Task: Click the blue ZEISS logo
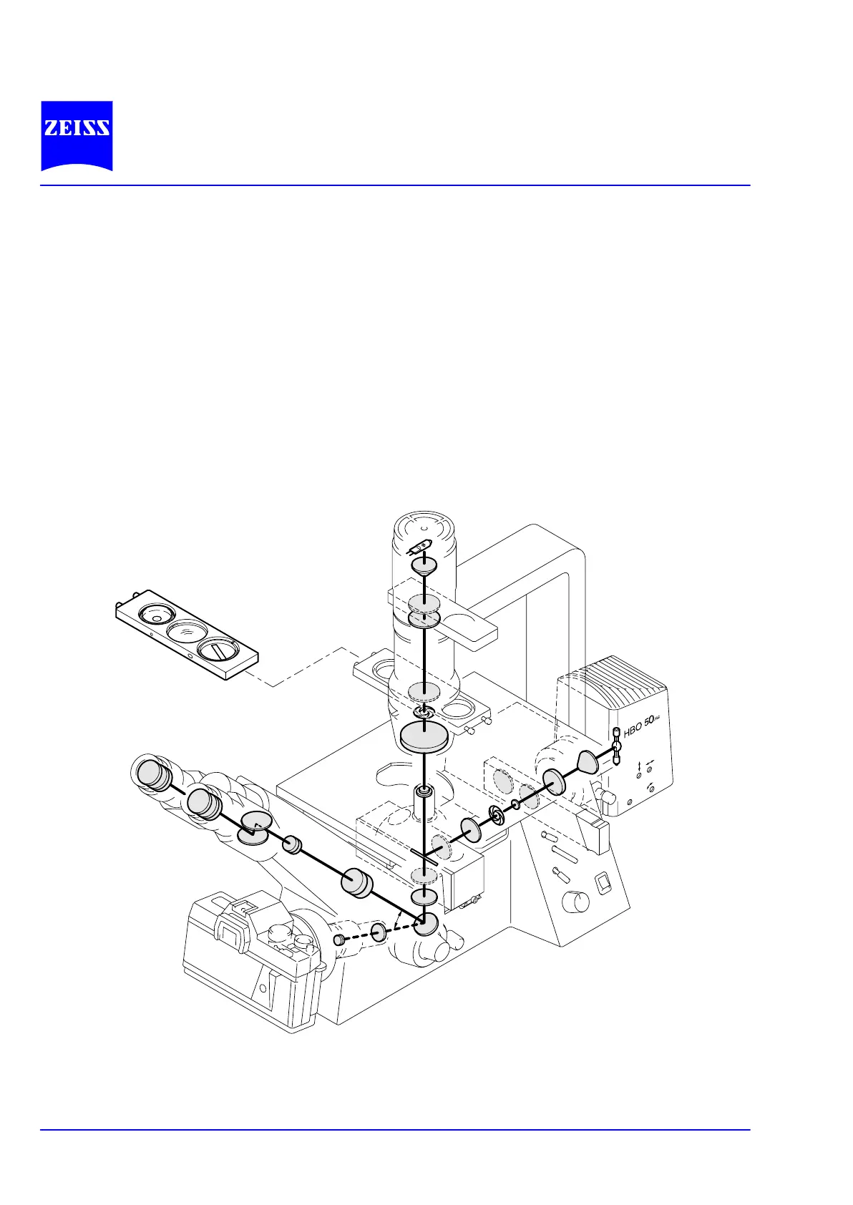point(77,135)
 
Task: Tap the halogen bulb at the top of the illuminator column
point(420,548)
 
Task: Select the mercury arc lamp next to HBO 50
point(616,746)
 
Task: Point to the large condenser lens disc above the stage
point(424,737)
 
